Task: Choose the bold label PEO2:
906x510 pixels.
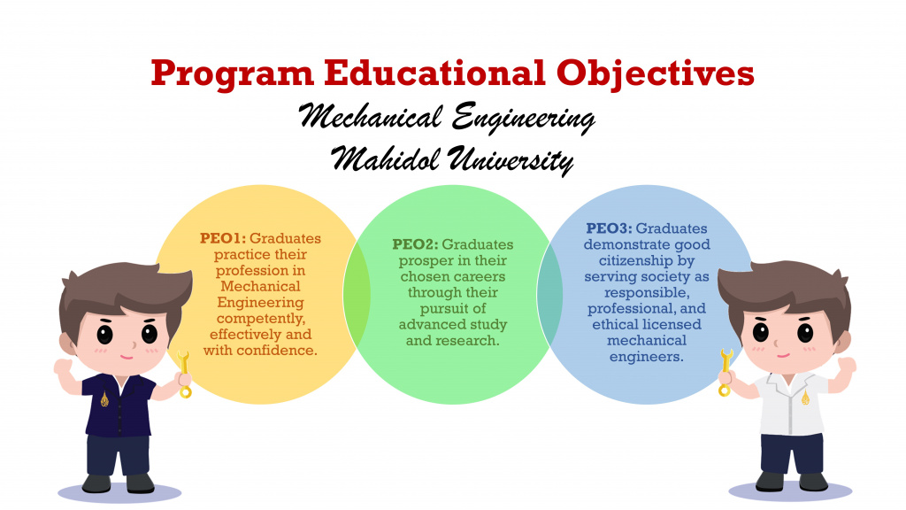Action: (x=415, y=244)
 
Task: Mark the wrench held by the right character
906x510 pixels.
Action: (x=726, y=370)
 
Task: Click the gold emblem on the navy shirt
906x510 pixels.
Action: (x=104, y=398)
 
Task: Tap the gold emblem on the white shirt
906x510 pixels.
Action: (x=804, y=398)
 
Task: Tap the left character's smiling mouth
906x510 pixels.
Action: (x=125, y=354)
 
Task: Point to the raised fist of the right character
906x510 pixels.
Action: (x=848, y=365)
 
